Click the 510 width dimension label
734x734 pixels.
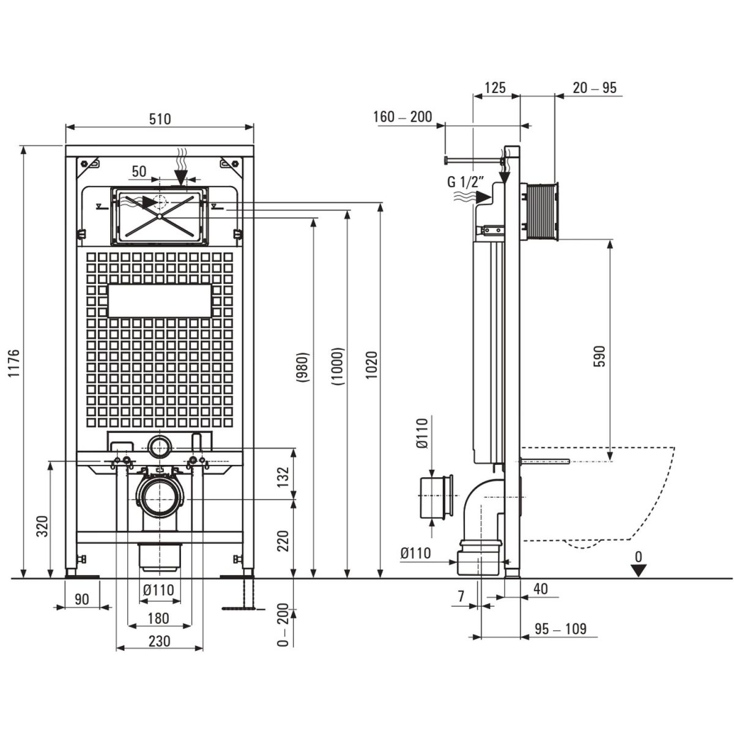point(160,119)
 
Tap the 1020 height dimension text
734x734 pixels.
point(372,366)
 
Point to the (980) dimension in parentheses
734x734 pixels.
point(304,366)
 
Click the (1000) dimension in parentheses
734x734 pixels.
point(338,366)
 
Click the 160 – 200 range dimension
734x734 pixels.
point(402,116)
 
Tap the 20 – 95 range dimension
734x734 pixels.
point(595,88)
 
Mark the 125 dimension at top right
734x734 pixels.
point(495,88)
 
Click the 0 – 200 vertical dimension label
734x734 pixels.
point(283,625)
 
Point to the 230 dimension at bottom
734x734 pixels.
point(158,641)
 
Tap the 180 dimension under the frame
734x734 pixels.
point(158,619)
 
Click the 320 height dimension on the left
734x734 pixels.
point(42,526)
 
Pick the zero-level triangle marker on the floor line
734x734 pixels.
point(639,570)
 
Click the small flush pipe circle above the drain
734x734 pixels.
point(160,447)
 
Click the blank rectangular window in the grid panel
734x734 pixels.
point(159,301)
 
